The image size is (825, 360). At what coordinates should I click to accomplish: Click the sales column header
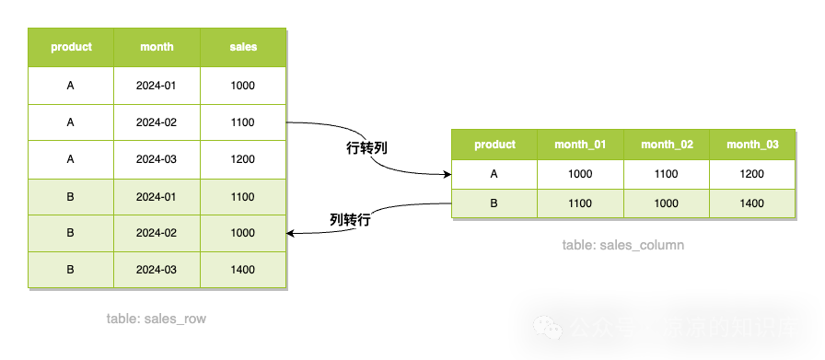(x=243, y=47)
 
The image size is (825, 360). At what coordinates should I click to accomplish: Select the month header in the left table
(x=157, y=47)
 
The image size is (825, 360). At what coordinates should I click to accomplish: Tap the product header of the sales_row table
(x=71, y=47)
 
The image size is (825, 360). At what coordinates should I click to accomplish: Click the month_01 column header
(x=581, y=145)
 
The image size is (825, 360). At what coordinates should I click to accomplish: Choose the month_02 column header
(x=667, y=145)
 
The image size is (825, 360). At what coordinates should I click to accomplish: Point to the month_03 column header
(x=752, y=145)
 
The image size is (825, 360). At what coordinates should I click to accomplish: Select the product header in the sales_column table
(x=494, y=145)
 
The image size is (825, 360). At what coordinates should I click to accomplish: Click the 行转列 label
(x=366, y=148)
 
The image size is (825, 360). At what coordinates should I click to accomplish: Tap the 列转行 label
(x=350, y=220)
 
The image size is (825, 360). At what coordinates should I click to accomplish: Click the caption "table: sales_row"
(x=156, y=319)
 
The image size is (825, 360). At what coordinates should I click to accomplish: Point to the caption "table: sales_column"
(x=622, y=246)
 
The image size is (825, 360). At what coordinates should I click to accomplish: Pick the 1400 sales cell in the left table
(x=243, y=270)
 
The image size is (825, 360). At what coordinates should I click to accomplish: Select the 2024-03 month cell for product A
(x=157, y=159)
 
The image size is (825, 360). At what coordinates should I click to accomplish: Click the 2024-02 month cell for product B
(x=157, y=233)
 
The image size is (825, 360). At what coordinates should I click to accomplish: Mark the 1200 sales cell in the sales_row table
(x=243, y=159)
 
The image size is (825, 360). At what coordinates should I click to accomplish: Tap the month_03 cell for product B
(x=752, y=203)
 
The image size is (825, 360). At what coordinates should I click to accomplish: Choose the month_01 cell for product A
(x=581, y=173)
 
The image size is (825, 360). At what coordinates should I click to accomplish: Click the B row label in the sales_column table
(x=494, y=203)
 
